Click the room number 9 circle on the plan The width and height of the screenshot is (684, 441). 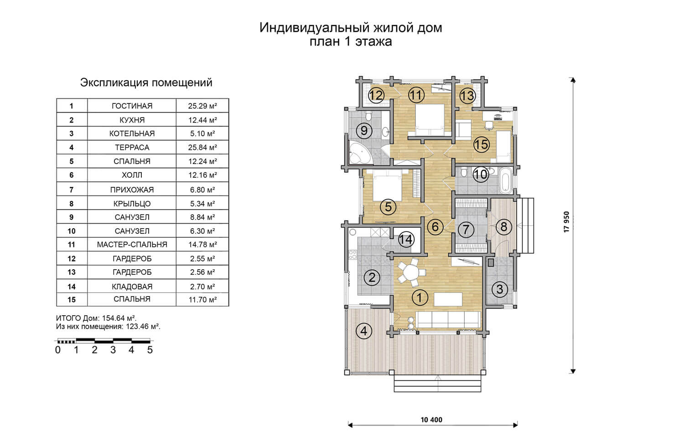(x=364, y=131)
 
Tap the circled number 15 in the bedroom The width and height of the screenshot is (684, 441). (x=481, y=144)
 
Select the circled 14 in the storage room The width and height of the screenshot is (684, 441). (x=406, y=240)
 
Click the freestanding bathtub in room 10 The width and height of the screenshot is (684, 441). (x=506, y=180)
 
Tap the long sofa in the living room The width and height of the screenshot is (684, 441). (x=448, y=320)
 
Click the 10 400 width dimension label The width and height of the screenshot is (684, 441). (x=431, y=420)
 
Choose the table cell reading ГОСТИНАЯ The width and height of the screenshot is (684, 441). (x=132, y=106)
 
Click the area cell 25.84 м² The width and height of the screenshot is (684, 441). (x=202, y=147)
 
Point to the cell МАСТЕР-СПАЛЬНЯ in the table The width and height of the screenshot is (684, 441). (x=132, y=244)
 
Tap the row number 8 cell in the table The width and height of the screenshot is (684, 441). (x=72, y=204)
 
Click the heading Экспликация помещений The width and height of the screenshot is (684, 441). (x=146, y=82)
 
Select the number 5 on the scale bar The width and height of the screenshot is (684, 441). (x=150, y=350)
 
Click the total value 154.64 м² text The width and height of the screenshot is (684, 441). (x=119, y=318)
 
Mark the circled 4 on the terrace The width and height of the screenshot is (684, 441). (x=364, y=331)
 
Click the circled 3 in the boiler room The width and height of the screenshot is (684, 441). (x=500, y=289)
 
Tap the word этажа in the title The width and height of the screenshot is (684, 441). (x=373, y=41)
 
